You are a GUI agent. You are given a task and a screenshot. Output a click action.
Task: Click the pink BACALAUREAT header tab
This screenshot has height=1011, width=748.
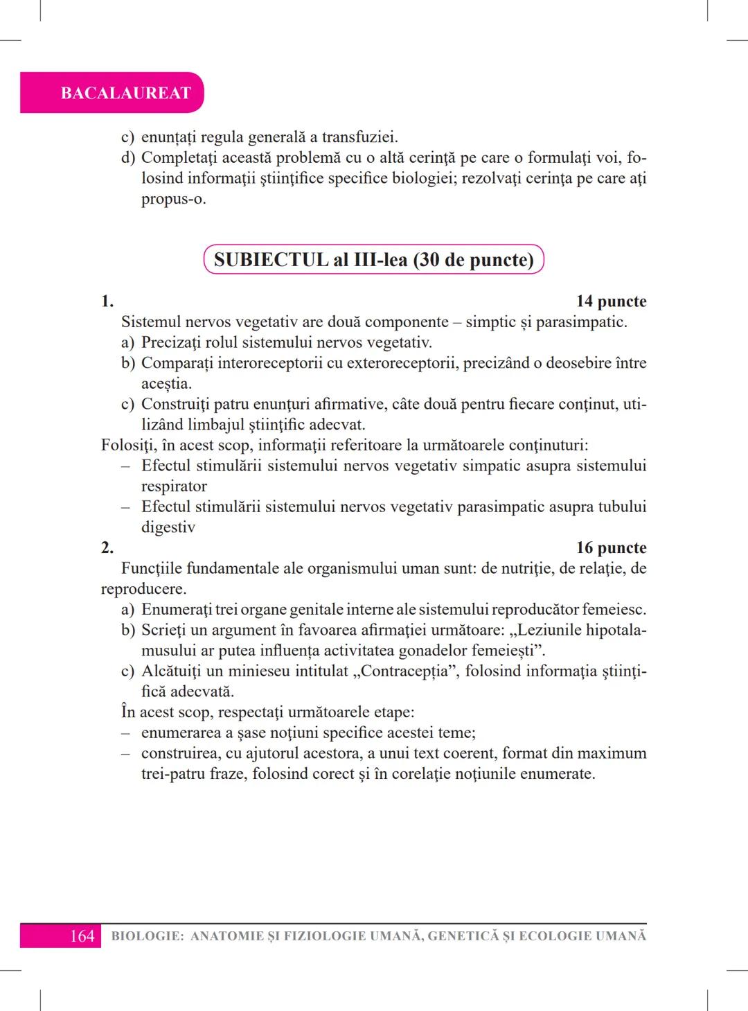click(x=125, y=93)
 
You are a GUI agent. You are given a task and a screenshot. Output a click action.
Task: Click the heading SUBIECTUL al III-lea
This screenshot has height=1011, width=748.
click(x=374, y=260)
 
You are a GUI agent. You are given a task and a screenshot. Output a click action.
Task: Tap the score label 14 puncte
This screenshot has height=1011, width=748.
click(x=611, y=301)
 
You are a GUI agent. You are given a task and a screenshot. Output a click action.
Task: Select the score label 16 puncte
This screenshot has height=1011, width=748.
click(x=611, y=548)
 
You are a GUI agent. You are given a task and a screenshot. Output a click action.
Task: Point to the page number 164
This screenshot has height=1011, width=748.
click(x=82, y=936)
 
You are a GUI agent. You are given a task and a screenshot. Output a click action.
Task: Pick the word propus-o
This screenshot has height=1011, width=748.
click(x=173, y=200)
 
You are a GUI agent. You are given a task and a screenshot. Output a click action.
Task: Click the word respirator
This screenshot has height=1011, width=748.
click(x=174, y=486)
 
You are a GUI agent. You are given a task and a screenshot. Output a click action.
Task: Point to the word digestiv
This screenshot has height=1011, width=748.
click(x=168, y=527)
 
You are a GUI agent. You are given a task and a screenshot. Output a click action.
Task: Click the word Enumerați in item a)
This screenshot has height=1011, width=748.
click(x=177, y=610)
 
